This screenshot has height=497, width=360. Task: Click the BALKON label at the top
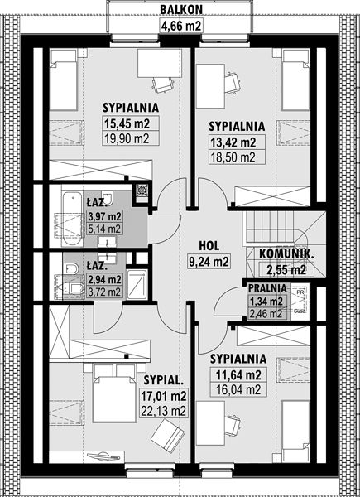pos(181,9)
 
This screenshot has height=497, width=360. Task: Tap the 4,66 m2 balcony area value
pos(181,26)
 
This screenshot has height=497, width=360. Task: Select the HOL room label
pos(209,246)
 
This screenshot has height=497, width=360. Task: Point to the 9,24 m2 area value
pos(208,262)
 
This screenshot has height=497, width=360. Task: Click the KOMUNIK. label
pos(287,254)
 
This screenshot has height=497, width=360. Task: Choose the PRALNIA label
pos(267,288)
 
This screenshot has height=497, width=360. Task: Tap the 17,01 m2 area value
pos(163,396)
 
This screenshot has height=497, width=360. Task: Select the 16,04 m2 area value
pos(238,390)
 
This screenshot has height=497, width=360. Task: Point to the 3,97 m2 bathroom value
pos(104,217)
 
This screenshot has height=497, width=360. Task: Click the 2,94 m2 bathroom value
pos(103,280)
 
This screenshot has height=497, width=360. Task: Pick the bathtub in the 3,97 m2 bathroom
pos(72,219)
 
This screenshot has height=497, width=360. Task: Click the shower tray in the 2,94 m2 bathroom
pos(137,284)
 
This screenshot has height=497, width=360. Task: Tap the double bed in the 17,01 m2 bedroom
pos(114,393)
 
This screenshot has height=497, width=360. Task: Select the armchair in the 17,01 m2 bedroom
pos(167,432)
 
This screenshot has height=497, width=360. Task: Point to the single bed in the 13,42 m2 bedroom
pos(295,80)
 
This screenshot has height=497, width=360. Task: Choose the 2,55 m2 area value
pos(286,270)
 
